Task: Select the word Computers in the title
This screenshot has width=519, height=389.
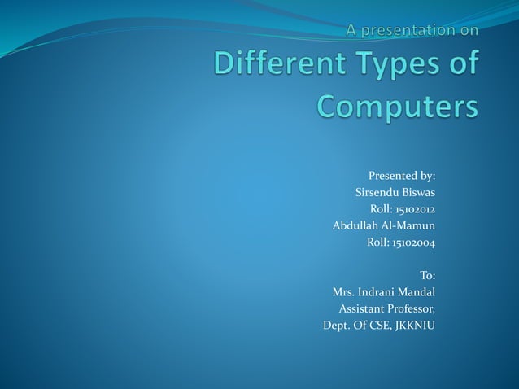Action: coord(397,107)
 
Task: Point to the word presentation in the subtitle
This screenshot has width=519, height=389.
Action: coord(405,30)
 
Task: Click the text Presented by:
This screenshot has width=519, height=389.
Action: coord(402,175)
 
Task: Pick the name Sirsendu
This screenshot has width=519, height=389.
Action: coord(377,192)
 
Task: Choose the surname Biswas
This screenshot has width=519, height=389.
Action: coord(417,192)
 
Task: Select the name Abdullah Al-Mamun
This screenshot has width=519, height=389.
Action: coord(384,225)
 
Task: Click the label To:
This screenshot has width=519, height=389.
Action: coord(427,275)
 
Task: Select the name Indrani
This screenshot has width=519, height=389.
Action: coord(378,291)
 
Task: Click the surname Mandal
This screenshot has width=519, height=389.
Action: coord(418,291)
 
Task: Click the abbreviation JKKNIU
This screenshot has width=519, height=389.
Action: coord(415,326)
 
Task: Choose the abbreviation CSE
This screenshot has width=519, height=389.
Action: coord(379,326)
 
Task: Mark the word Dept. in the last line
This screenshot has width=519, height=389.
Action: coord(336,326)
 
